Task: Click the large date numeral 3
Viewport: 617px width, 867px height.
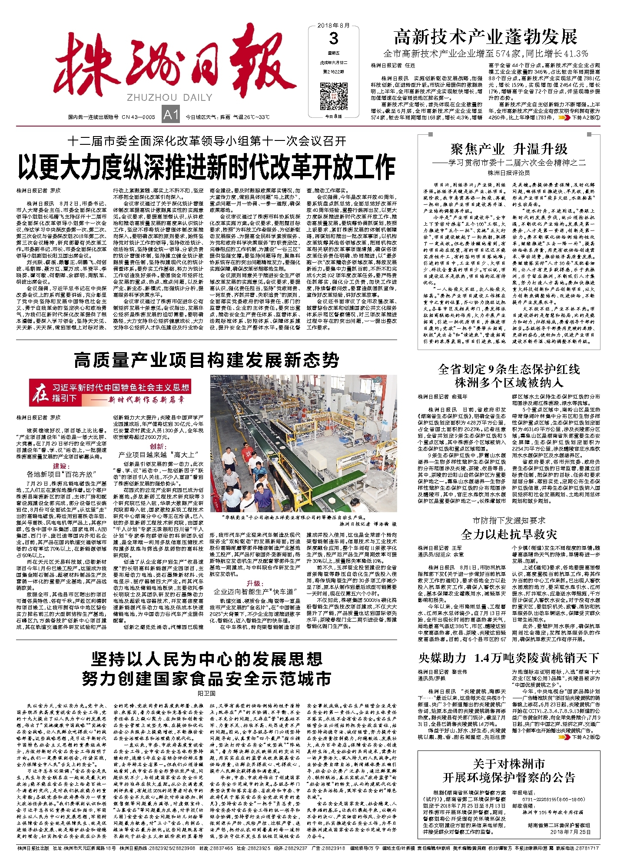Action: (333, 39)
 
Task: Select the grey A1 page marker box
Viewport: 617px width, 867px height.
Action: (170, 115)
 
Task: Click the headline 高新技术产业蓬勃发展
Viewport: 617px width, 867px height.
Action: (485, 37)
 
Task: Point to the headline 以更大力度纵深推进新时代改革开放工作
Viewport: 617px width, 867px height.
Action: (206, 168)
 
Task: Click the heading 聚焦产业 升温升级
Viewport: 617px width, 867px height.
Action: (509, 150)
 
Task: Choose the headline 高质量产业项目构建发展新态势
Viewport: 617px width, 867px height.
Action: (206, 360)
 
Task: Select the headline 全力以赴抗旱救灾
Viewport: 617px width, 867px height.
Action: (509, 534)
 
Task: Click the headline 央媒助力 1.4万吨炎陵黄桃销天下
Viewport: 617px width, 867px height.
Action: (509, 658)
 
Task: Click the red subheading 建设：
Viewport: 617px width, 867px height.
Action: (61, 466)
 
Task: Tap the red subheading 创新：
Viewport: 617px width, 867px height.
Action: (158, 447)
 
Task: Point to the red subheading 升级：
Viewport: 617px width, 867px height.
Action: (255, 583)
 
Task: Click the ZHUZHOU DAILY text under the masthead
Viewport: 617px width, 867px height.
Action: (169, 97)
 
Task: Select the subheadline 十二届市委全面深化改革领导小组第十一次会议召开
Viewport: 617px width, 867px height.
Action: (206, 141)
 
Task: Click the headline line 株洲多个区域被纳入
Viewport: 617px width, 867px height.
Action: (509, 383)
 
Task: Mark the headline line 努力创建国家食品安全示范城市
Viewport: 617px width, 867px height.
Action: (206, 679)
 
